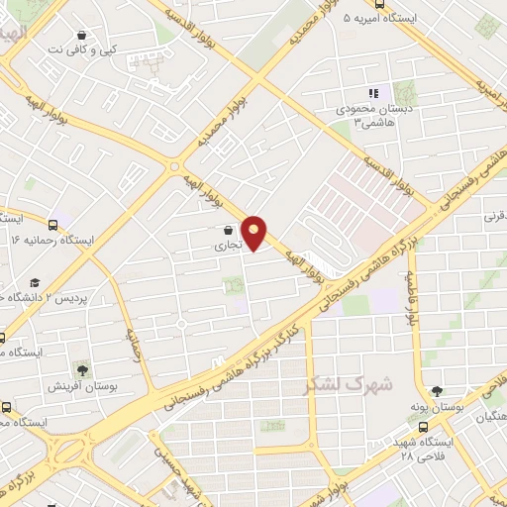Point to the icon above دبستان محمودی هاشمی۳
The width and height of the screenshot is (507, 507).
[373, 94]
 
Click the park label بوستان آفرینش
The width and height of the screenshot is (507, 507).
[84, 386]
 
